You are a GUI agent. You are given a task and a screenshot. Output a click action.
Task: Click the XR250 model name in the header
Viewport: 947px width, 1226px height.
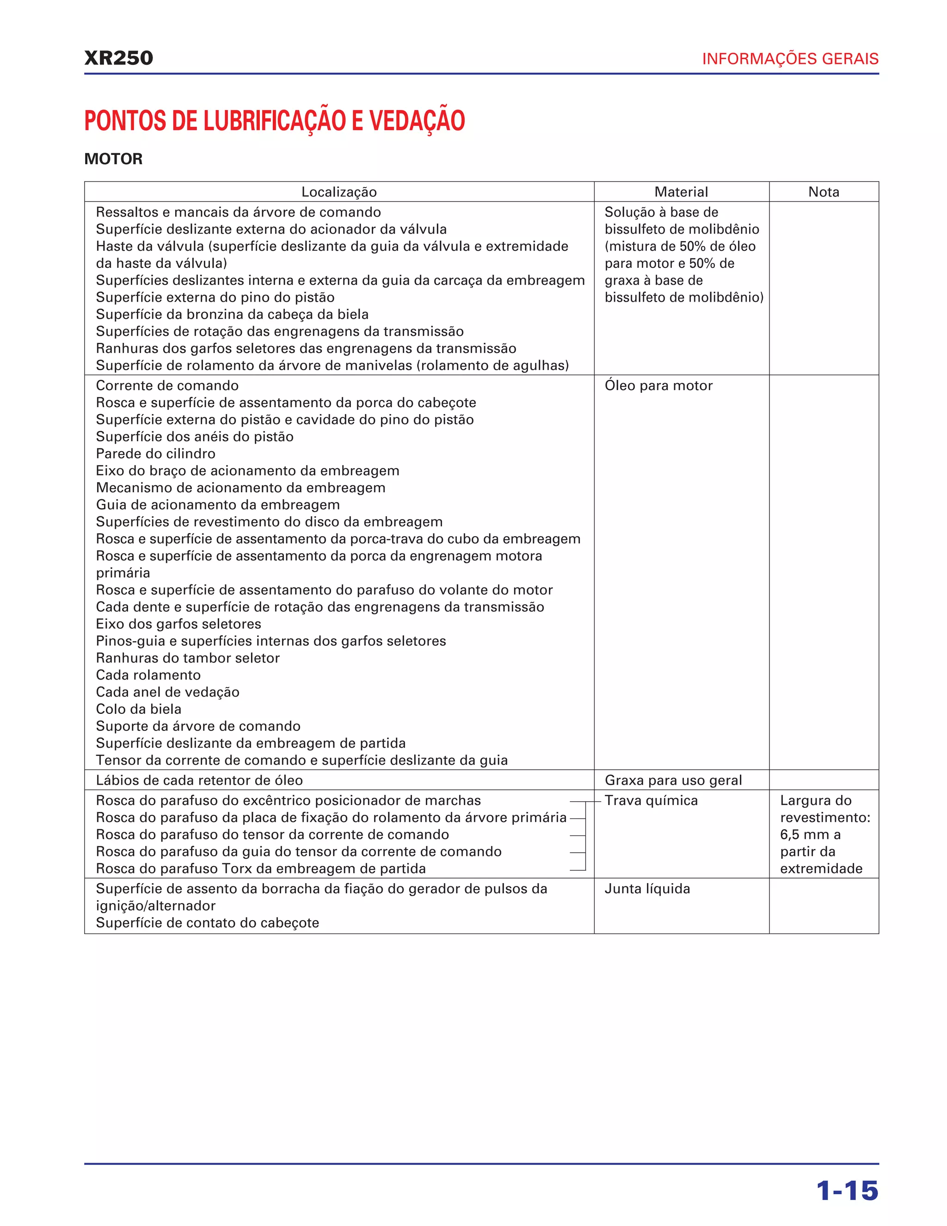coord(118,58)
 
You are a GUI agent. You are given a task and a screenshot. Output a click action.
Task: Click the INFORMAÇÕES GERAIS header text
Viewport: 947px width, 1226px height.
coord(790,59)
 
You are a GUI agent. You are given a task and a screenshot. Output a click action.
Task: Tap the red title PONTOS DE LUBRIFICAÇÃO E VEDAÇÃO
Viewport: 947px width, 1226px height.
coord(274,120)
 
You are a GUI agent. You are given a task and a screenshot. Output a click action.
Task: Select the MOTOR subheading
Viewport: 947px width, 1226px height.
coord(113,159)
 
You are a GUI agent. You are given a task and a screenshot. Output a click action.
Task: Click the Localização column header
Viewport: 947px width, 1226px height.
coord(339,192)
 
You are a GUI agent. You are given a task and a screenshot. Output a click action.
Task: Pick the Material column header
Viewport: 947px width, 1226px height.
coord(681,192)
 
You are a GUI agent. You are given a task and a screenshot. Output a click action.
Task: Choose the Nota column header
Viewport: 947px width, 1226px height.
coord(824,192)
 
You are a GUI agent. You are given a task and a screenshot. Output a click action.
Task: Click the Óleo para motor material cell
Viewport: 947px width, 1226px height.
coord(658,386)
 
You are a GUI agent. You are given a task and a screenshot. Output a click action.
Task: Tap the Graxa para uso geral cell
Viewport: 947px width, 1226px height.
coord(673,780)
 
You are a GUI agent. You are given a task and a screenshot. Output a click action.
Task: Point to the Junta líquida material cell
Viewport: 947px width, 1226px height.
coord(647,889)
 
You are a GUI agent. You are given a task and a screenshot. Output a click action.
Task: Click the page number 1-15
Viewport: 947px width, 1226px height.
coord(847,1191)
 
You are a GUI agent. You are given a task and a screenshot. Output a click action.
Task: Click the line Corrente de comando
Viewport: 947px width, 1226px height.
coord(167,386)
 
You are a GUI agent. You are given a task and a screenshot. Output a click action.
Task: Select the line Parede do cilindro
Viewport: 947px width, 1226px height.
coord(155,453)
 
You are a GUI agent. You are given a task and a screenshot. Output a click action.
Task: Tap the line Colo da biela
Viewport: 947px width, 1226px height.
coord(139,709)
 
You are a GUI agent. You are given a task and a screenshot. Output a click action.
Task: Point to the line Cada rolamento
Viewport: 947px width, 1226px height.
coord(148,675)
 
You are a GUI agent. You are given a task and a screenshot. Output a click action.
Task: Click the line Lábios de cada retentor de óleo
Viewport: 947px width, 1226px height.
coord(199,780)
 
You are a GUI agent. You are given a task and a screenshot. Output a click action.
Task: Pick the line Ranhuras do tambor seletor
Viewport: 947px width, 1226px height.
coord(187,658)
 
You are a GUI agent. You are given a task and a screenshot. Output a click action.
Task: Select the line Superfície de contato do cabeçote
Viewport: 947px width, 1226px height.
coord(207,923)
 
